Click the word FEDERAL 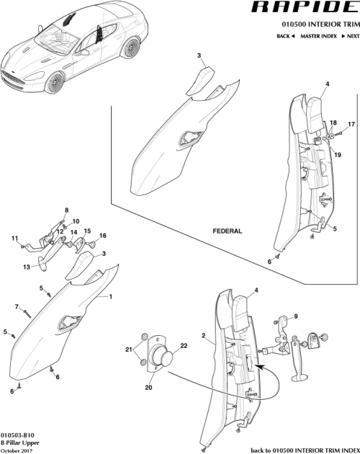click(227, 231)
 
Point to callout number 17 click(351, 124)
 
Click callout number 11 click(14, 239)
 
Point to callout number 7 click(16, 307)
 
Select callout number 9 click(295, 316)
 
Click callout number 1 click(111, 296)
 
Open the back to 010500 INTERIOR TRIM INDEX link click(302, 450)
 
